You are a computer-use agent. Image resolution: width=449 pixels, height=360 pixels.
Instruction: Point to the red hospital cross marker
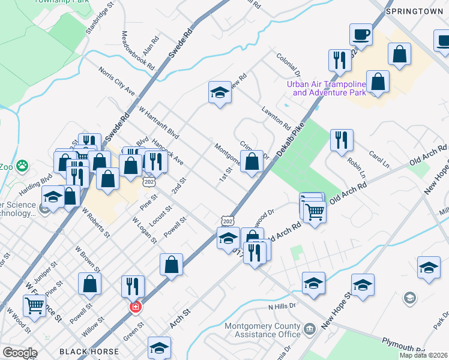coord(136,307)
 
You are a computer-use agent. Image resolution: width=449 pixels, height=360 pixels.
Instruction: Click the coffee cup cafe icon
coord(361,35)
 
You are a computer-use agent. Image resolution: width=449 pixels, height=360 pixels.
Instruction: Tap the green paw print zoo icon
coord(23,164)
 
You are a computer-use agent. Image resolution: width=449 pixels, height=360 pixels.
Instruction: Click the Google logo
coord(19,353)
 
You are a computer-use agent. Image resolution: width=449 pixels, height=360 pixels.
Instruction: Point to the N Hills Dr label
coord(283,307)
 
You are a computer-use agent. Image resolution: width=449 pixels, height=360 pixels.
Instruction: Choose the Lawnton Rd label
coord(276,118)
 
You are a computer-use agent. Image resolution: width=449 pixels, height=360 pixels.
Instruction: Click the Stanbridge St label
coord(100,20)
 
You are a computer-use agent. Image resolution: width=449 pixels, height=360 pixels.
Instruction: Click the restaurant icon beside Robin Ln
coord(342,140)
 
